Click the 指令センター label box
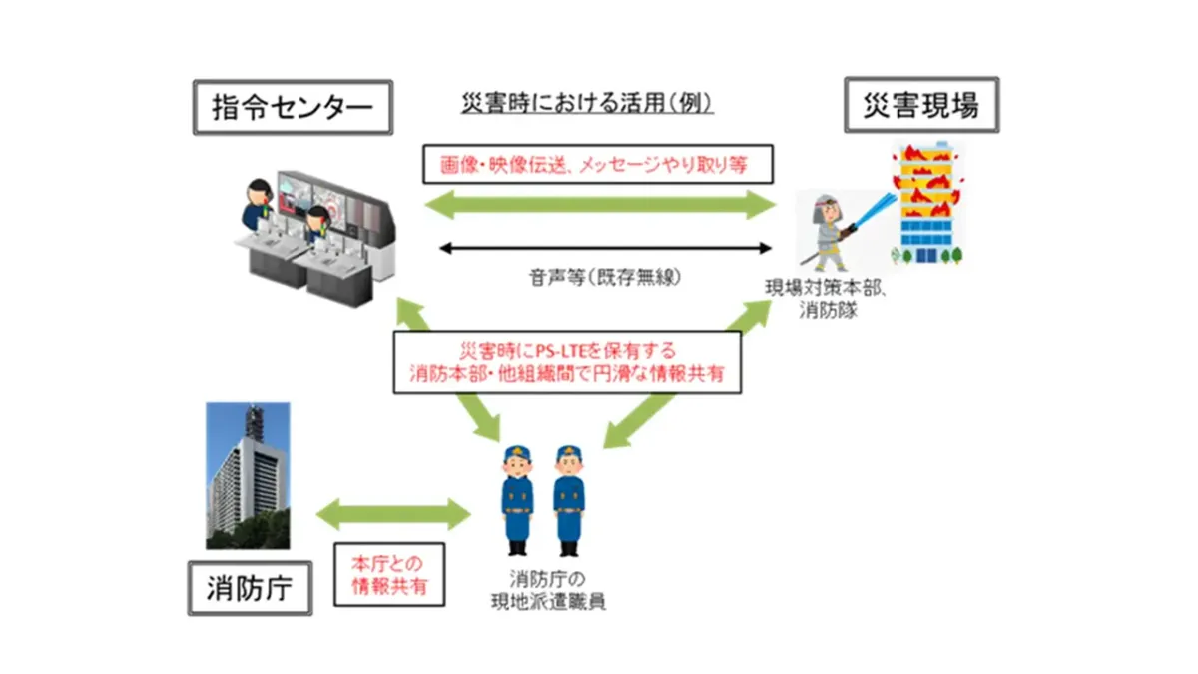point(290,108)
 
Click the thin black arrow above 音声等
point(606,248)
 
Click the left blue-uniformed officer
point(518,499)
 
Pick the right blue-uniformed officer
point(569,499)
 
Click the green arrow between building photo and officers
point(392,515)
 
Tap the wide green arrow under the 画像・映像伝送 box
point(600,206)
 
